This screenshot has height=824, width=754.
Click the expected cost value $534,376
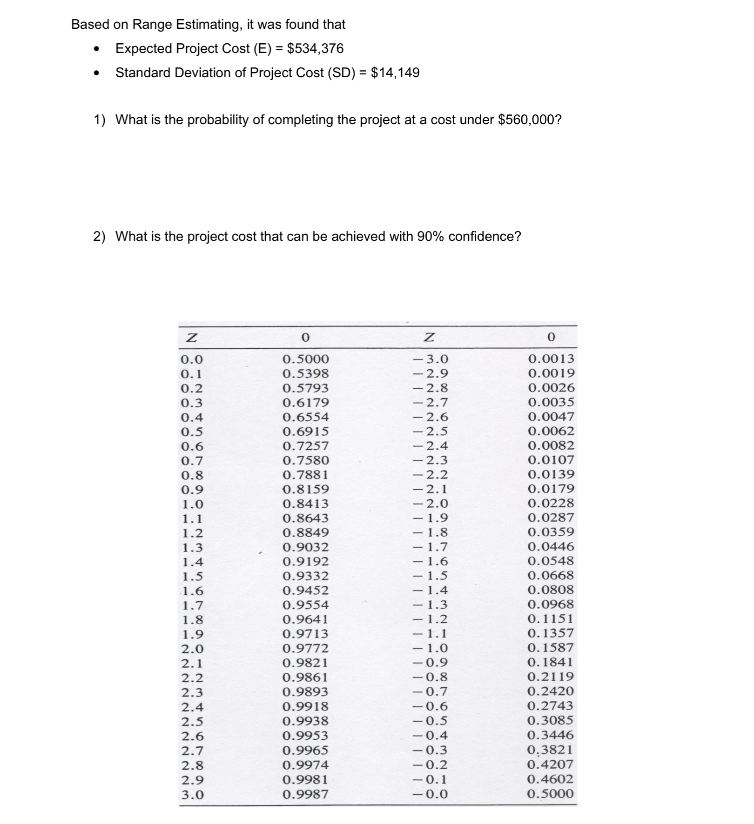tap(315, 48)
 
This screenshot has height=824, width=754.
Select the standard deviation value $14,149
tap(395, 73)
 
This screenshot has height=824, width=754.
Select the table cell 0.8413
tap(305, 504)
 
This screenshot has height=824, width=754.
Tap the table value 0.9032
tap(305, 547)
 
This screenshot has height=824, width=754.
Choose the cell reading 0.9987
tap(305, 794)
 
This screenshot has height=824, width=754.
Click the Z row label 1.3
tap(192, 547)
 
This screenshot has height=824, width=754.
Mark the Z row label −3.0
tap(431, 359)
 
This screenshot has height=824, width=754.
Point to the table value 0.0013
tap(551, 359)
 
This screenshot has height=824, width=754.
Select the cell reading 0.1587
tap(551, 648)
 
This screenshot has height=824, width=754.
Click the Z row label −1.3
tap(431, 605)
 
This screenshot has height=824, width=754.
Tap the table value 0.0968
tap(551, 604)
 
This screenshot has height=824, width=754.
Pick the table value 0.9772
tap(305, 648)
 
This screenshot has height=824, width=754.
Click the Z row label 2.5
tap(192, 722)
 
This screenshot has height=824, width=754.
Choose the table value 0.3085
tap(550, 720)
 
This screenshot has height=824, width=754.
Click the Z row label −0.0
tap(431, 794)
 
